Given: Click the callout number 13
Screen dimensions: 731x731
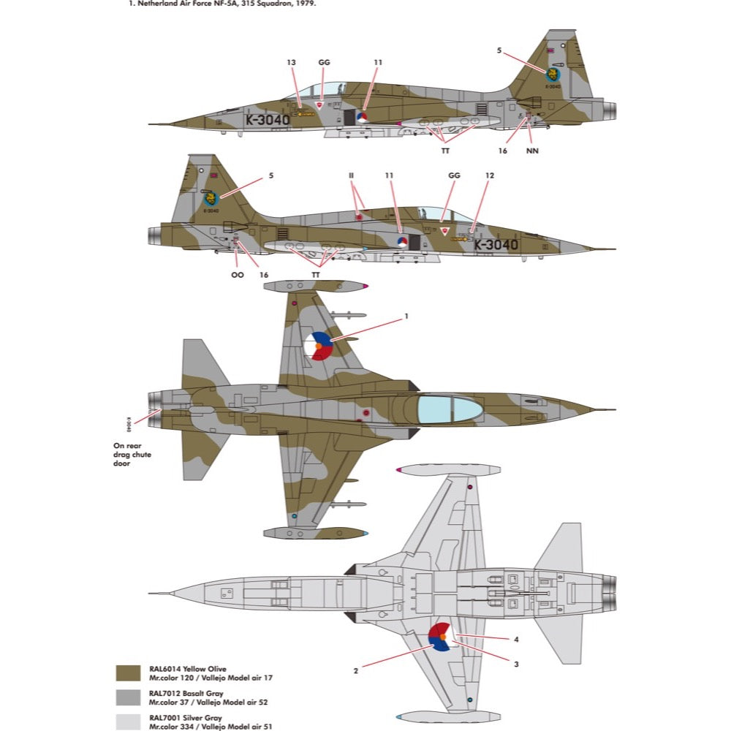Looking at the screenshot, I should (291, 63).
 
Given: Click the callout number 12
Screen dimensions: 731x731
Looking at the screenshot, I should (490, 176).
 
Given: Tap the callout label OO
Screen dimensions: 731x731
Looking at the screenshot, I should (237, 275).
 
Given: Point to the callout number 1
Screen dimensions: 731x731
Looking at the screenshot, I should (406, 317).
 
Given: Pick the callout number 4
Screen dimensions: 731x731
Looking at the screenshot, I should (516, 640).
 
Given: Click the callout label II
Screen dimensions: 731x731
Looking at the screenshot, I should (351, 176).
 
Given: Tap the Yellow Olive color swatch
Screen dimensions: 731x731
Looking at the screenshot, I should (129, 673).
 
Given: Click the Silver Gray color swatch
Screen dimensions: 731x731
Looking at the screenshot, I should (129, 720).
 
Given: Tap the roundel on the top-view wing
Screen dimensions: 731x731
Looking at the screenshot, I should (319, 345).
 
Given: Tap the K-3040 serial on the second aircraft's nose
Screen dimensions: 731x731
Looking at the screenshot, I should (496, 245).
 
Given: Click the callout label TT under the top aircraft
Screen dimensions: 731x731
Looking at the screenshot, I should (444, 151).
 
